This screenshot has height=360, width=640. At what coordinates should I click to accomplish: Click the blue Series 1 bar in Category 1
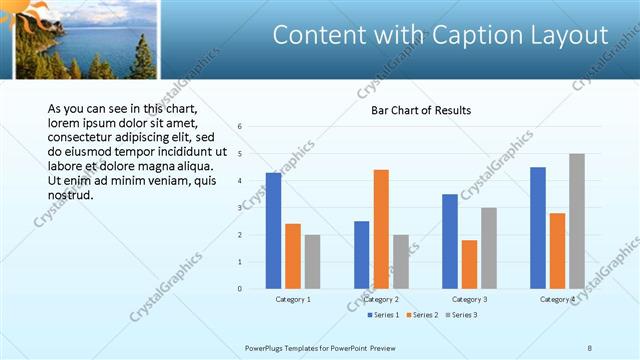[273, 231]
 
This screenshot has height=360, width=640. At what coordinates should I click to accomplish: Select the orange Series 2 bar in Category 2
[381, 229]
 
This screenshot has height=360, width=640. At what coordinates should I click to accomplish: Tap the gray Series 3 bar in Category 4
[577, 221]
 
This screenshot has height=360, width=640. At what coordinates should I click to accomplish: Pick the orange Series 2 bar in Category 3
[469, 264]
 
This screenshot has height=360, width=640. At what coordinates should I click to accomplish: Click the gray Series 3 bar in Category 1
[312, 262]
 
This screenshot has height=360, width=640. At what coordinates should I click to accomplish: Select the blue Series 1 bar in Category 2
[361, 255]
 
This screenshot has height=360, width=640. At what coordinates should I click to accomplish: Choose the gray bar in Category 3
[489, 248]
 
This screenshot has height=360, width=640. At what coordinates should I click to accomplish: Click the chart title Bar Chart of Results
[421, 110]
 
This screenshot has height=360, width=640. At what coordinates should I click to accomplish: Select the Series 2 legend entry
[421, 315]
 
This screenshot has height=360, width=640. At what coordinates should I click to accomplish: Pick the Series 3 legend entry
[461, 315]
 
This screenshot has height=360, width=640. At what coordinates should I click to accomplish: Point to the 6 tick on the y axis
[240, 127]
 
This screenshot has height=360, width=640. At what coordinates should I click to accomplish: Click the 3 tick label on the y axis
[240, 208]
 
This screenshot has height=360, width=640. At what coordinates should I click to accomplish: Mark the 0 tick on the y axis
[240, 289]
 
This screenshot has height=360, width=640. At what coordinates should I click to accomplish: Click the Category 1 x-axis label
[293, 299]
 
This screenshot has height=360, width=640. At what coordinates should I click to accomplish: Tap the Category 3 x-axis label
[469, 299]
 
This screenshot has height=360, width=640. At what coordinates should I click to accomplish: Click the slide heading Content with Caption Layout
[440, 35]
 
